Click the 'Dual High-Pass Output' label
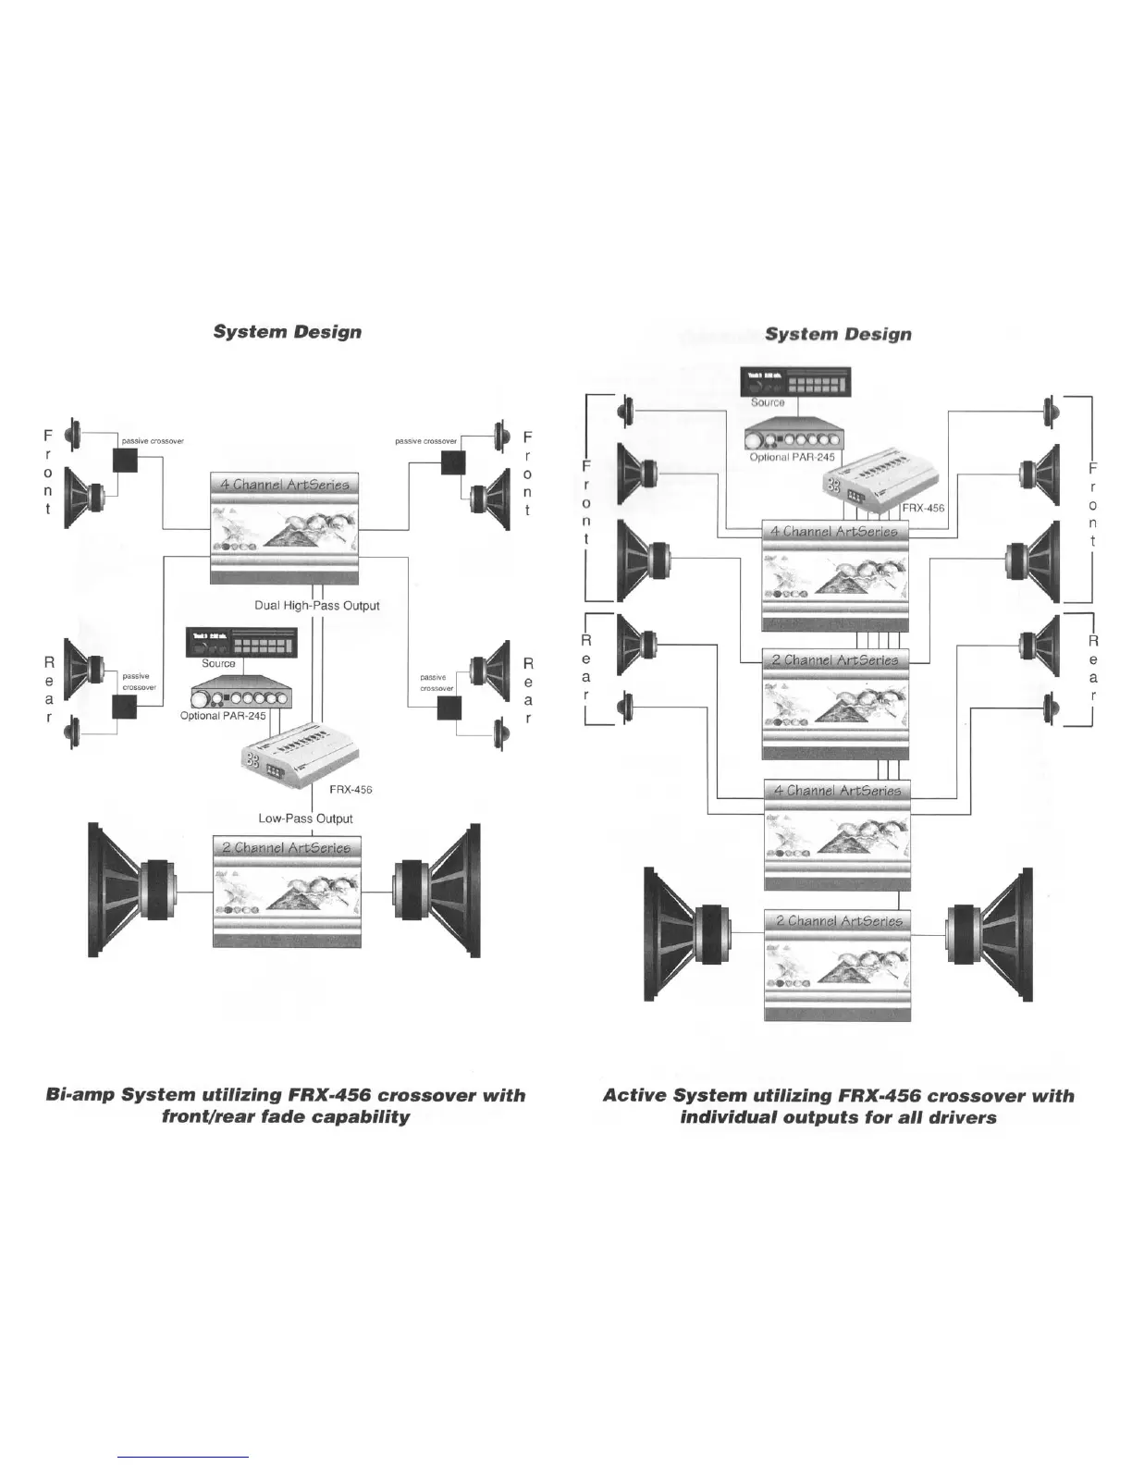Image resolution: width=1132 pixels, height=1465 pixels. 317,606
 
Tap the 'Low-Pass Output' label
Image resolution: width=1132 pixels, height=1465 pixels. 305,819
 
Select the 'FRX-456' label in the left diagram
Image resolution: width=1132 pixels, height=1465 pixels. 351,790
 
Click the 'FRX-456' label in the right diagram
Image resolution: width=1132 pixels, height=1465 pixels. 923,508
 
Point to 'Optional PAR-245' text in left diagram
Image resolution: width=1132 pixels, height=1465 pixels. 223,716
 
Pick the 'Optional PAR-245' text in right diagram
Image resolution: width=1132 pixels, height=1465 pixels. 792,457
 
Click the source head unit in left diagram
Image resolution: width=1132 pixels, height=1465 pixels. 242,642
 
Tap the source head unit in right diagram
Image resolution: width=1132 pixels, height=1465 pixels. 795,381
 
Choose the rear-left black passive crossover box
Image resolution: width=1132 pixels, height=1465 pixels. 124,708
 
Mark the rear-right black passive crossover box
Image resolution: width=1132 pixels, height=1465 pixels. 449,708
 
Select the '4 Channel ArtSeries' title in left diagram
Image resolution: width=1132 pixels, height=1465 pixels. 284,485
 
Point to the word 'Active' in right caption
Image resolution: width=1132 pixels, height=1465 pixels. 634,1096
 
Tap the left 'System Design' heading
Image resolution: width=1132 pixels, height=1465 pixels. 287,331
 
